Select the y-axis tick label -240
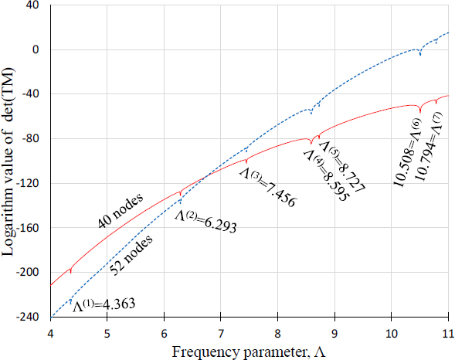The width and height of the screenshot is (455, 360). [x=29, y=317]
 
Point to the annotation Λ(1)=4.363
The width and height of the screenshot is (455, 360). [x=104, y=304]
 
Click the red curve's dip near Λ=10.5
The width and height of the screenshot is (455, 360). [x=419, y=112]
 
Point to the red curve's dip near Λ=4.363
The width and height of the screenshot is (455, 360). [x=71, y=272]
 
